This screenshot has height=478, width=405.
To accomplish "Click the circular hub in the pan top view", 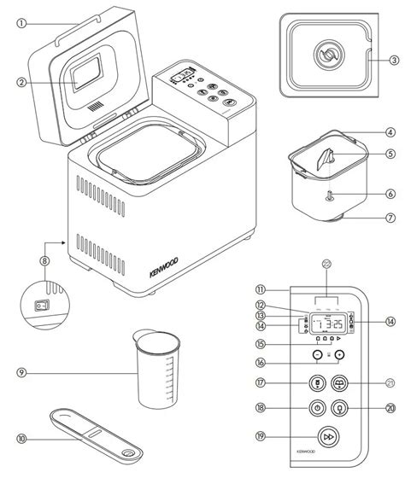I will pyautogui.click(x=325, y=52).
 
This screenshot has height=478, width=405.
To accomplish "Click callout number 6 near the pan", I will pyautogui.click(x=390, y=194).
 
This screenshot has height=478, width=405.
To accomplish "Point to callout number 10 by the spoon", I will pyautogui.click(x=22, y=462).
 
